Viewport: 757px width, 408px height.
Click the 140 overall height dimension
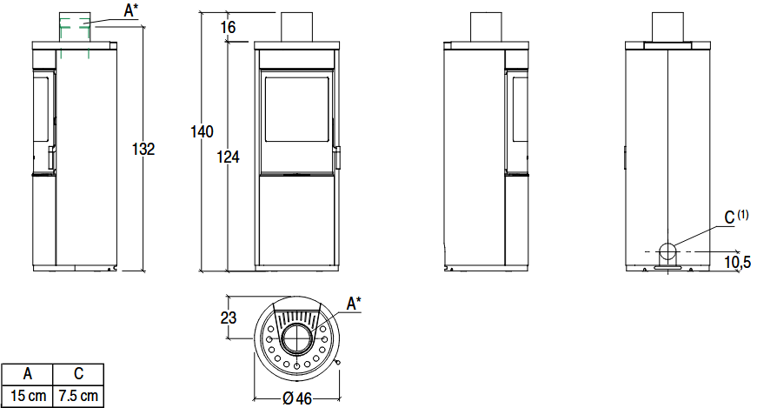pos(202,131)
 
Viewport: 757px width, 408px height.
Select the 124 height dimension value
pos(228,157)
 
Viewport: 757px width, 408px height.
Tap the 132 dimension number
pos(143,149)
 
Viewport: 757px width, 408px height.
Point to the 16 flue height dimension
pos(228,27)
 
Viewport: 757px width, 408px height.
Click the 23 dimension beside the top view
pos(229,318)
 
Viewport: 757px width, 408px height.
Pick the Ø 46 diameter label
pos(297,398)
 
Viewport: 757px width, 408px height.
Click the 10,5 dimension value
pos(737,262)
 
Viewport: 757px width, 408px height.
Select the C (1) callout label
pos(736,217)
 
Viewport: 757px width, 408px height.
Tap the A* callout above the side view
pos(130,10)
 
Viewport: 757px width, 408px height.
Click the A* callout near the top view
pos(354,304)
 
